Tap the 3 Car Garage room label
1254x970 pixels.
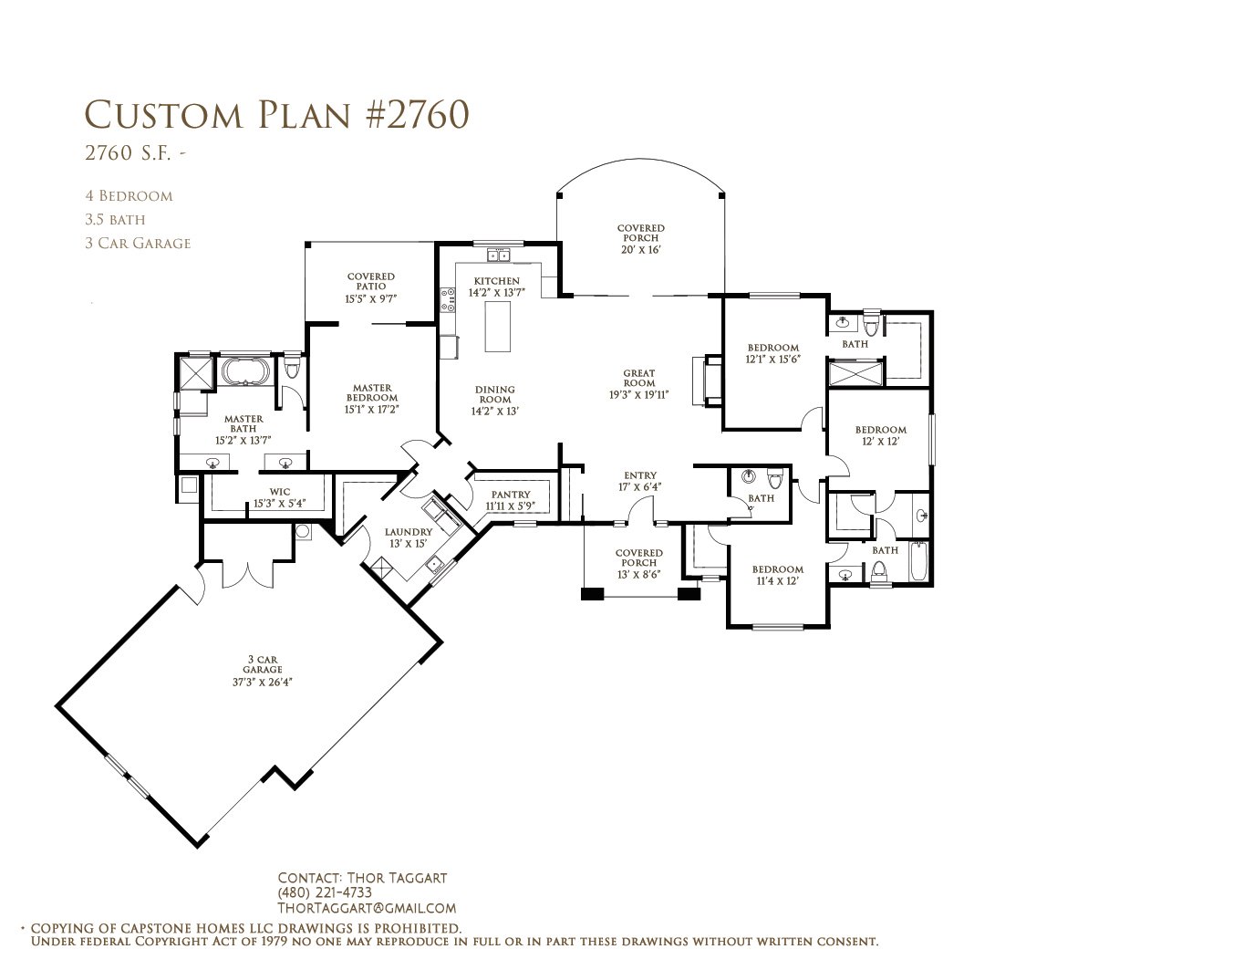(263, 670)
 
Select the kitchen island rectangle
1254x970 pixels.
(497, 326)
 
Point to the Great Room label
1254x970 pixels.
(638, 384)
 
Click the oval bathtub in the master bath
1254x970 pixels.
(244, 371)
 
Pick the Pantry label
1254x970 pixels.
(511, 500)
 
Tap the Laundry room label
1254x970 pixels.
(408, 537)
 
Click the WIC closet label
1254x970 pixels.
(280, 497)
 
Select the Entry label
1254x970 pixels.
(640, 481)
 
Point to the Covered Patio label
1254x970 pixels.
(371, 287)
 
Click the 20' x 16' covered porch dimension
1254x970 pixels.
(641, 249)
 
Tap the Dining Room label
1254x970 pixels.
(495, 401)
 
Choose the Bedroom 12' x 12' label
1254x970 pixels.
(881, 435)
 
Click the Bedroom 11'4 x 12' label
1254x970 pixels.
(777, 575)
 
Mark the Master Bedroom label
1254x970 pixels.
(372, 399)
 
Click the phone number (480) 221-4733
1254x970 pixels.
(325, 892)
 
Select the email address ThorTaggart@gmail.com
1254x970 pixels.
(367, 908)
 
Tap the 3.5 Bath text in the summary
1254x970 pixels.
(115, 219)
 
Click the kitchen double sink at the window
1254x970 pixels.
(498, 256)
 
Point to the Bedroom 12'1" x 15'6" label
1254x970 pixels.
(772, 353)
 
